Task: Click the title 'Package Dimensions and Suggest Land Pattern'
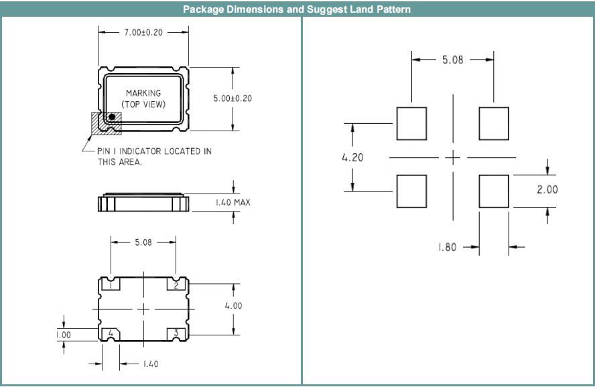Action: (x=297, y=9)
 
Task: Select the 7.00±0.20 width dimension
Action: (x=143, y=31)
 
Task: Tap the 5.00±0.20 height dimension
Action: (x=233, y=98)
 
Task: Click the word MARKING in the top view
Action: (x=143, y=92)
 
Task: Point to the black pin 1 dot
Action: (x=112, y=117)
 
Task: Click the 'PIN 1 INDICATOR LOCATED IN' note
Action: (x=154, y=151)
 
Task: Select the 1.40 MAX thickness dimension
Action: (x=233, y=202)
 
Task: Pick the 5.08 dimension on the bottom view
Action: (x=143, y=242)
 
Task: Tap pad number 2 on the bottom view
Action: (x=176, y=285)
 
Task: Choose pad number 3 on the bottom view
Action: (x=176, y=333)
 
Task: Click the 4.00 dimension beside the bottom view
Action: (x=233, y=305)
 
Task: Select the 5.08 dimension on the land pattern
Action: (x=452, y=60)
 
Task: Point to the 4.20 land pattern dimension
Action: (x=352, y=158)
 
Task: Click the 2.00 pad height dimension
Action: (x=547, y=189)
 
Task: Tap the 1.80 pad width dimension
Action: (x=447, y=247)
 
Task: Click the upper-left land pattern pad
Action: (x=411, y=123)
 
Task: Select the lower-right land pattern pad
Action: (x=494, y=190)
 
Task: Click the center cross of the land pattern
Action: (x=454, y=158)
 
